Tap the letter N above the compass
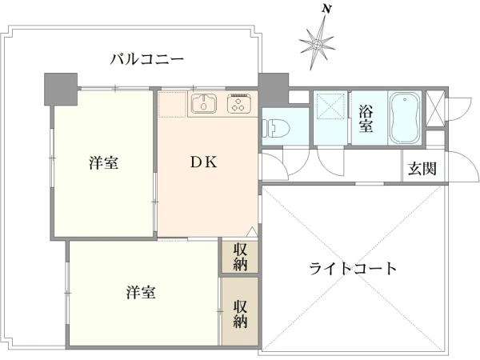coord(326,9)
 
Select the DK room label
coord(204,161)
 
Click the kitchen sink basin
coord(205,103)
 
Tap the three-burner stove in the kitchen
coord(239,104)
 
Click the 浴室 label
coord(366,118)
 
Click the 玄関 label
coord(422,169)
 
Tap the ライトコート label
coord(353,268)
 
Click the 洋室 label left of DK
coord(104,162)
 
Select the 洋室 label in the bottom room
coord(140,293)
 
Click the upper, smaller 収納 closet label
coord(240,256)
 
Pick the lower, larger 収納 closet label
coord(240,313)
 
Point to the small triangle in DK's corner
coord(251,232)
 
